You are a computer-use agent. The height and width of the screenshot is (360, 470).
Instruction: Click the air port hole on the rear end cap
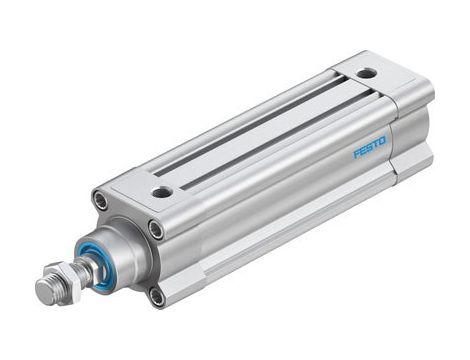(368, 73)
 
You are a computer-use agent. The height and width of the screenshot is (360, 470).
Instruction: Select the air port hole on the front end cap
(162, 191)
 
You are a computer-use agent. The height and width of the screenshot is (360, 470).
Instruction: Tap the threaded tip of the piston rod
(48, 290)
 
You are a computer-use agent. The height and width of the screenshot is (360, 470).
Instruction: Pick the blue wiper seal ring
(100, 263)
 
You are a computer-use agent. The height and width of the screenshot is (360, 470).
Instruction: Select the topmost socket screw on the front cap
(100, 200)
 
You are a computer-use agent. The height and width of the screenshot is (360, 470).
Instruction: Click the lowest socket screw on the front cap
(156, 295)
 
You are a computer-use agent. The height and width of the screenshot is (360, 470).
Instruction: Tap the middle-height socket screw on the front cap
(156, 230)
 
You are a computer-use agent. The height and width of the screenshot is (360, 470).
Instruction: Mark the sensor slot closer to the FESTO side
(270, 140)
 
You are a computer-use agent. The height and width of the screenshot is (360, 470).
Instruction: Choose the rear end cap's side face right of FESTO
(412, 135)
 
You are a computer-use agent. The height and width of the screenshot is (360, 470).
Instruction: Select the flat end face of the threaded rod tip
(41, 292)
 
